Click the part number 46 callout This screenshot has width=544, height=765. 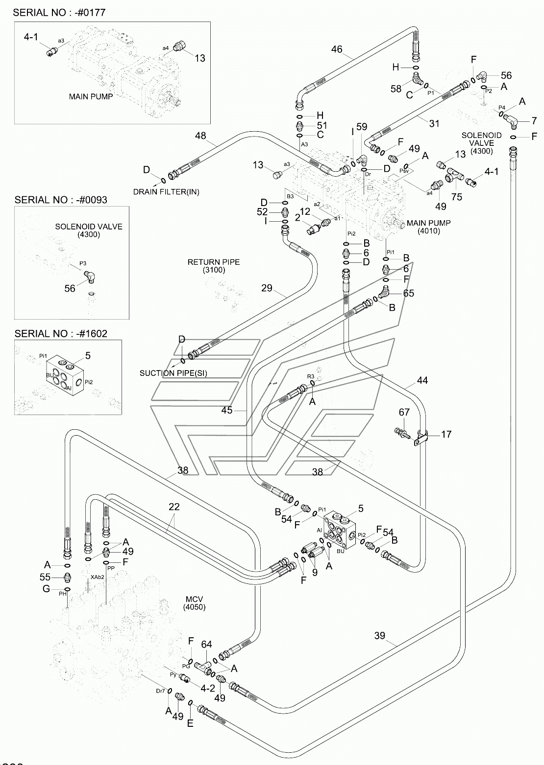click(x=337, y=49)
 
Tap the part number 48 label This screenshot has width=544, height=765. click(x=200, y=136)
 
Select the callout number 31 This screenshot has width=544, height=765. click(x=434, y=124)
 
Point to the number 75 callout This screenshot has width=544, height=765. click(x=457, y=197)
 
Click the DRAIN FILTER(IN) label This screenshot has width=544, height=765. click(x=166, y=191)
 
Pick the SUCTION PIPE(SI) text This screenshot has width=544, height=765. click(x=173, y=373)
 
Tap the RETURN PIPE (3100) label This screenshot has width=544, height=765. click(x=214, y=266)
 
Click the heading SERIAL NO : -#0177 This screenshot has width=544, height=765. click(x=59, y=12)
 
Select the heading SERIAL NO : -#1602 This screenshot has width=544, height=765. click(x=61, y=333)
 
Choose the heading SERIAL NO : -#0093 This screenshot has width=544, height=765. click(x=61, y=200)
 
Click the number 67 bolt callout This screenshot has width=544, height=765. click(x=404, y=413)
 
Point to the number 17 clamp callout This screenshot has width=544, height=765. click(x=446, y=434)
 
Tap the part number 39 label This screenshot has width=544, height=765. click(x=380, y=636)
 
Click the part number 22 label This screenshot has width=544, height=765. click(x=174, y=507)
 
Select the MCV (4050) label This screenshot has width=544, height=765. click(x=194, y=603)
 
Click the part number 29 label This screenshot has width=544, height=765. click(x=266, y=288)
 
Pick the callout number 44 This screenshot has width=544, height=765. click(x=422, y=380)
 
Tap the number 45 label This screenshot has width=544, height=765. click(x=226, y=410)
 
